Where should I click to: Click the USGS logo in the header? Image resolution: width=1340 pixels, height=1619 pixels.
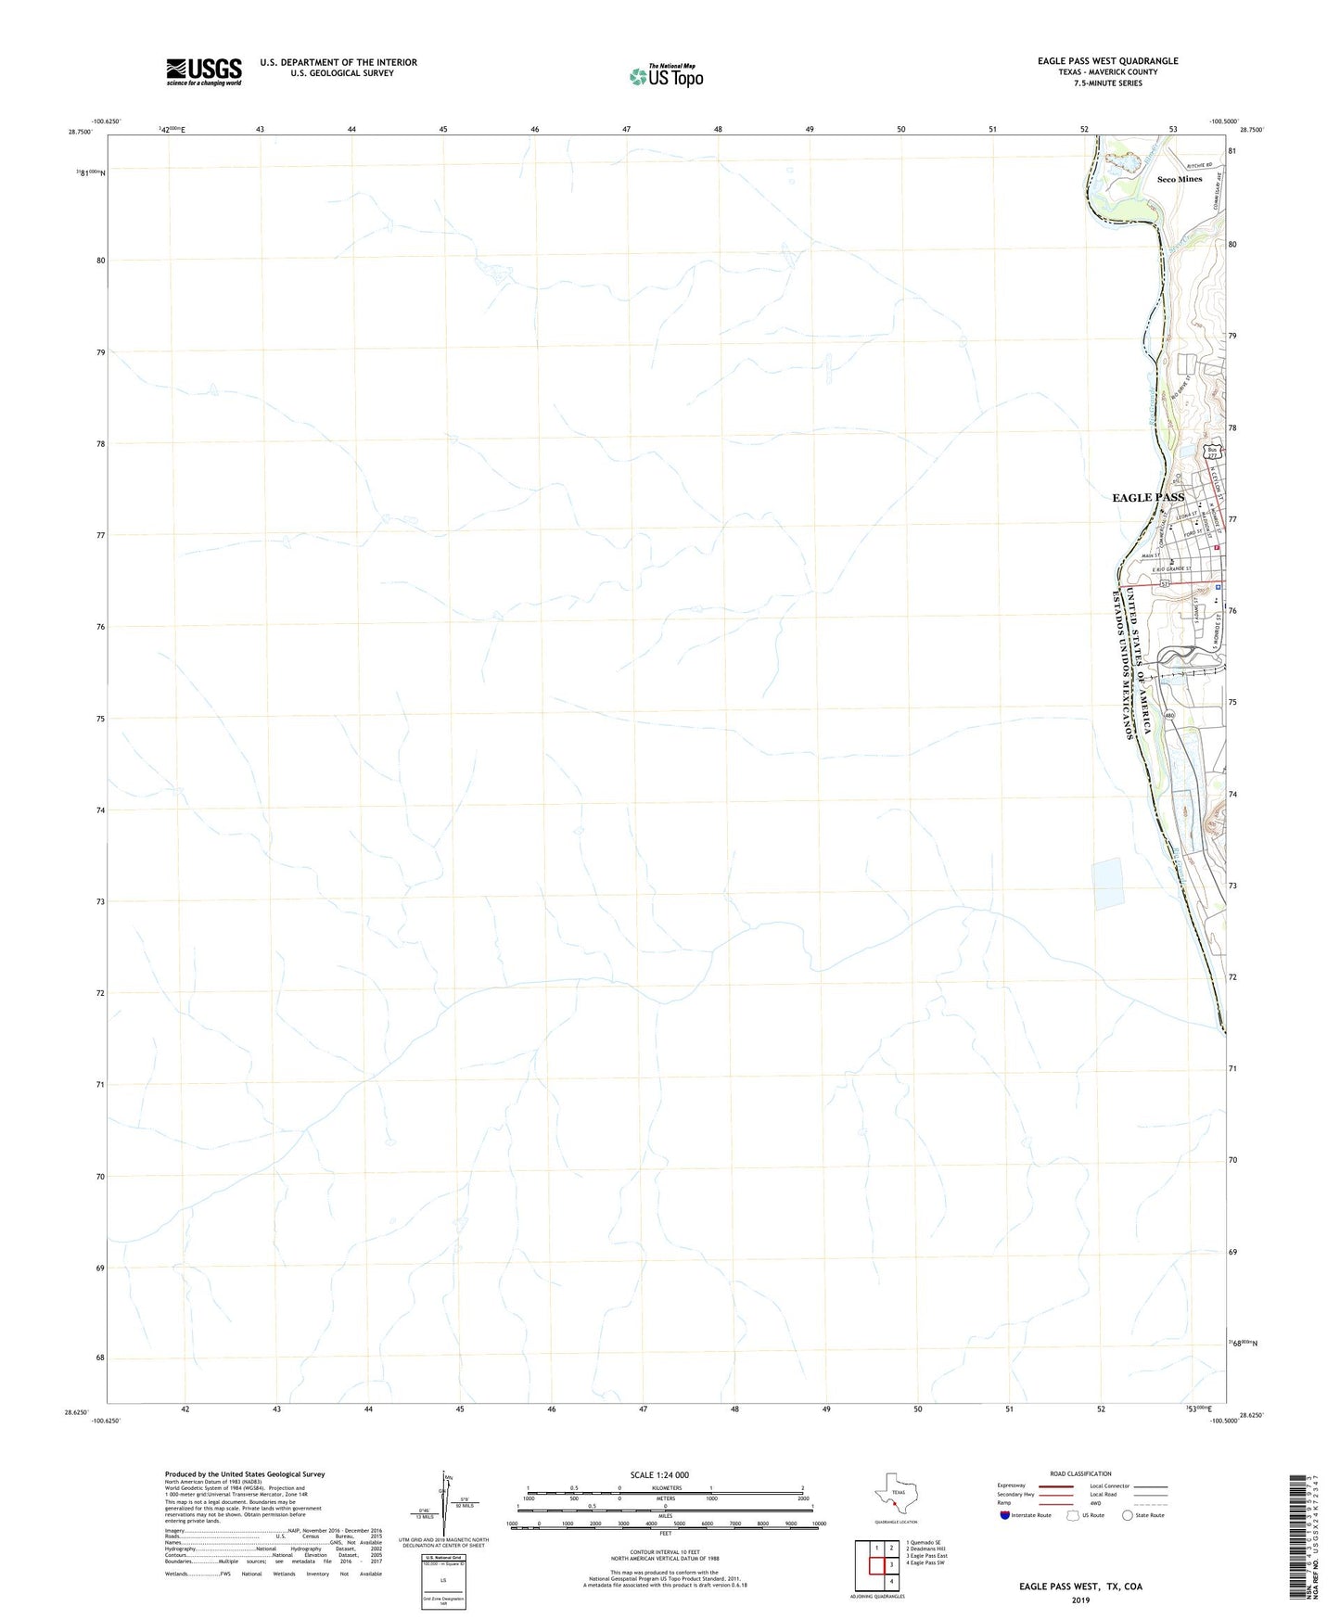tap(203, 71)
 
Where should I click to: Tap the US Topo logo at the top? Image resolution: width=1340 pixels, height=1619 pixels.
tap(666, 76)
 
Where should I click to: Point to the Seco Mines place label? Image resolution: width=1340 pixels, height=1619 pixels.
tap(1180, 179)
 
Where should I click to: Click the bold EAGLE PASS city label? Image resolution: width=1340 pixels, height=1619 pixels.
tap(1148, 498)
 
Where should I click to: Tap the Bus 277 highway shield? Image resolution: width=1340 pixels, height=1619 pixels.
tap(1212, 453)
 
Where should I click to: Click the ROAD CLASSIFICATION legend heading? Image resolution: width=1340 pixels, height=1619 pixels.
tap(1080, 1473)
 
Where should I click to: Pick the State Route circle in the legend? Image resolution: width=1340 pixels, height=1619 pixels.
tap(1128, 1515)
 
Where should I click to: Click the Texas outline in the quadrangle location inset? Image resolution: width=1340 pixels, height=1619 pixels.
tap(896, 1494)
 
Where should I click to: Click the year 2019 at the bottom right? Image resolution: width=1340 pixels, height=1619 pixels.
tap(1079, 1600)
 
